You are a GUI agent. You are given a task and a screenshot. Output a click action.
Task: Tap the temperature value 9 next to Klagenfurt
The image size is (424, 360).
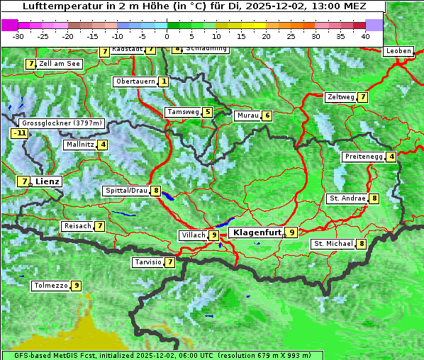coord(291,232)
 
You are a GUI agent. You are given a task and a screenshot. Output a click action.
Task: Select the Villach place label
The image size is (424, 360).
coord(192,235)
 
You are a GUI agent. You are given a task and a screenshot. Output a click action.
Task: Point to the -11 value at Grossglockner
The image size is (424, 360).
coord(19,133)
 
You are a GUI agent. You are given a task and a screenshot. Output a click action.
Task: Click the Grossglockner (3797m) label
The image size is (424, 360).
coord(63,123)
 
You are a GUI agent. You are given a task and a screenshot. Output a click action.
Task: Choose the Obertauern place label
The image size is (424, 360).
coord(135,81)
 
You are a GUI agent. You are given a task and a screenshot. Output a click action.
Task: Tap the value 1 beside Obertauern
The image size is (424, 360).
coord(164,81)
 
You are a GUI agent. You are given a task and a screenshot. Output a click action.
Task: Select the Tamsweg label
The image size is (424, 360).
coord(183,112)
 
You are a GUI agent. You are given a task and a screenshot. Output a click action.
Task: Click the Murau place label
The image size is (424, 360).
coord(247,116)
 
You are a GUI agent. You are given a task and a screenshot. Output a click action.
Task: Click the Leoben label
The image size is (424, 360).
coord(398,51)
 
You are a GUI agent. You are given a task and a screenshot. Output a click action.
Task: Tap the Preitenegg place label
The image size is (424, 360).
coord(364,157)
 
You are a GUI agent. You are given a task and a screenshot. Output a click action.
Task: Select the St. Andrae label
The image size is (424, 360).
coord(347,198)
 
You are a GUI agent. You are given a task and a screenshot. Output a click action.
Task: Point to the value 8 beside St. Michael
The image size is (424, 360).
coord(362,244)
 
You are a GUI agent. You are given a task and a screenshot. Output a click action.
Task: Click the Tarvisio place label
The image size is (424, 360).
coord(147,262)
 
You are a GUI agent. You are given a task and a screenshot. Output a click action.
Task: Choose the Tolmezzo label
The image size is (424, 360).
coord(50,286)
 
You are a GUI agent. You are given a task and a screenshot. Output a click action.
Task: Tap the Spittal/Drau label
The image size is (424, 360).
coord(126,191)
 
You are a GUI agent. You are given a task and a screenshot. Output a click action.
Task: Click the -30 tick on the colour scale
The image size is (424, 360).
coord(19,36)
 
